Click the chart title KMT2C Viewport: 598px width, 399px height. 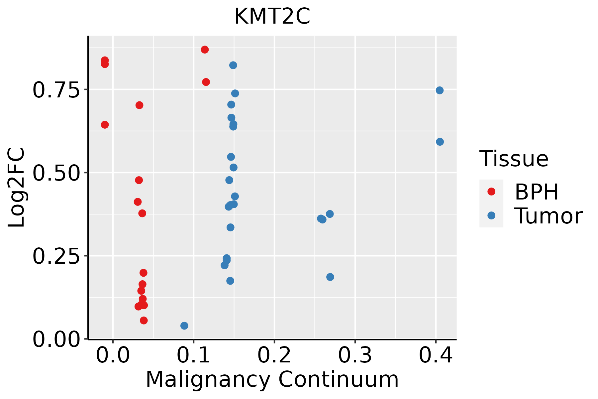click(272, 17)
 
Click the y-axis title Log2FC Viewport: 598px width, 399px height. click(17, 188)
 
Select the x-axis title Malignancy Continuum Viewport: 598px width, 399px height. click(272, 379)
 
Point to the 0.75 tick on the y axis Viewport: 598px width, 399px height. click(56, 90)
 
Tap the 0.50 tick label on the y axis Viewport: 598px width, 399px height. click(56, 173)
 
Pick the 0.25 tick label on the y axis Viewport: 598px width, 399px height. click(56, 256)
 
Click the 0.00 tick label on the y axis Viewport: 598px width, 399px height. click(56, 339)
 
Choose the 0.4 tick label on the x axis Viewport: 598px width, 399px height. click(436, 355)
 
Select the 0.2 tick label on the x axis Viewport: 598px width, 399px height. click(274, 355)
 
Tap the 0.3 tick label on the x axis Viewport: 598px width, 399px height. click(355, 355)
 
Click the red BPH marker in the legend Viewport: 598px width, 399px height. click(491, 191)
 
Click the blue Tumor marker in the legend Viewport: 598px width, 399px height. click(491, 215)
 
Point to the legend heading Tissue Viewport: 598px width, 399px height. click(514, 159)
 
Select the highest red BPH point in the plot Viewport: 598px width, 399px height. click(205, 50)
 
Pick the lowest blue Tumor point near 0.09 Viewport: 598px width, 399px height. click(184, 326)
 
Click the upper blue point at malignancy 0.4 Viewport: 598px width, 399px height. click(440, 90)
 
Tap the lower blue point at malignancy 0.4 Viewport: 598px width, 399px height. click(440, 142)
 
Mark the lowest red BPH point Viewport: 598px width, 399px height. click(144, 321)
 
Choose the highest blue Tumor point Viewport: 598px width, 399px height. click(233, 65)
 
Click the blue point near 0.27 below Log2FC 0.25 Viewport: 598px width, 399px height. click(330, 277)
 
